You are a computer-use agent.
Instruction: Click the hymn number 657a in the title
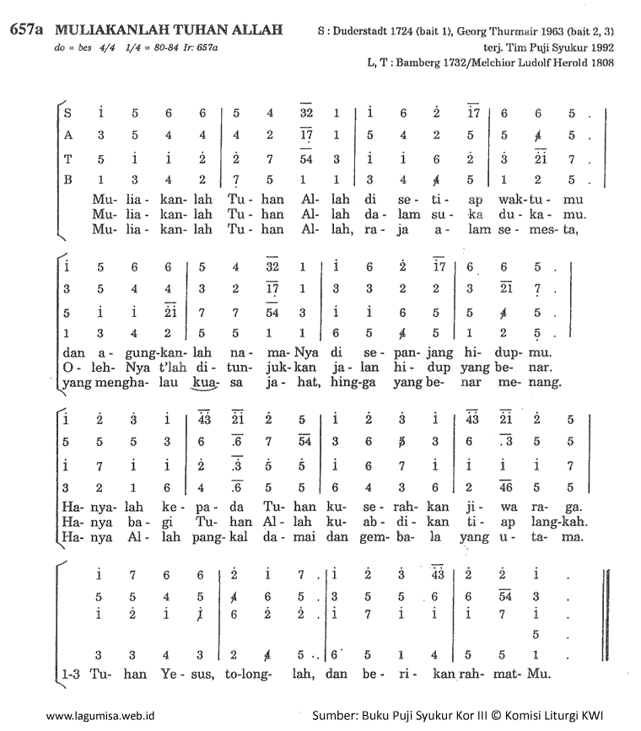coord(27,30)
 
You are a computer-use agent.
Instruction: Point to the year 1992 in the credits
coord(601,47)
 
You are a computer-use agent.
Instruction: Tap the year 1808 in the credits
coord(601,62)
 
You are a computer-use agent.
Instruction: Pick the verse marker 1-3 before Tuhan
coord(73,675)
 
